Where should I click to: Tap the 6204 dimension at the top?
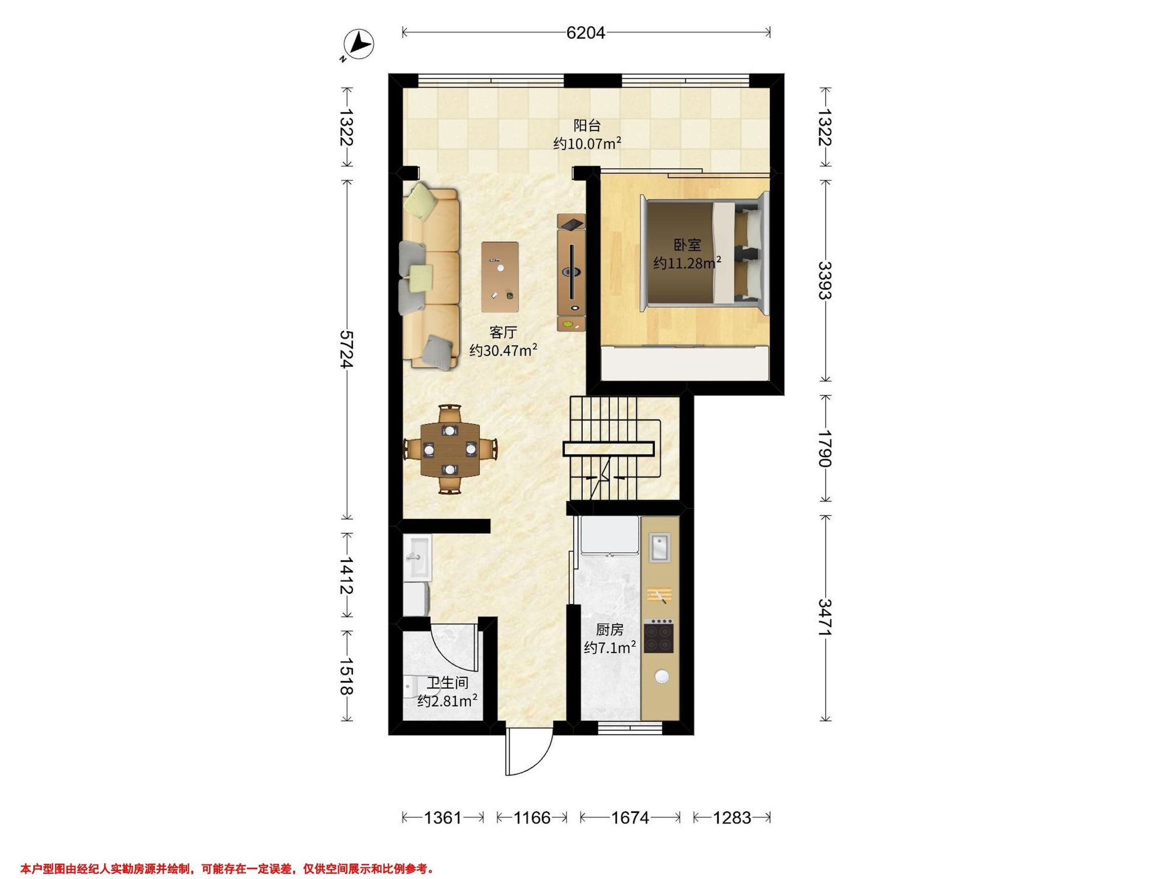[586, 33]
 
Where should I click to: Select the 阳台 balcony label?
[587, 126]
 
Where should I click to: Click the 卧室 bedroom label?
[687, 245]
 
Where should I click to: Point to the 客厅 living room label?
[503, 332]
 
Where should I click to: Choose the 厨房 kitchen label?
[610, 629]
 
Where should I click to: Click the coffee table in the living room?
[500, 276]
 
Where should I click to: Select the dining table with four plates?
[450, 449]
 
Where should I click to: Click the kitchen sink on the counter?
[660, 547]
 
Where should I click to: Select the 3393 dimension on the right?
[825, 280]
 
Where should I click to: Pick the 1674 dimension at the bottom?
[630, 817]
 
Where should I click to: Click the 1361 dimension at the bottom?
[443, 817]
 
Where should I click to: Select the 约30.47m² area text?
[503, 350]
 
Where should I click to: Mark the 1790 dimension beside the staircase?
[825, 448]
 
